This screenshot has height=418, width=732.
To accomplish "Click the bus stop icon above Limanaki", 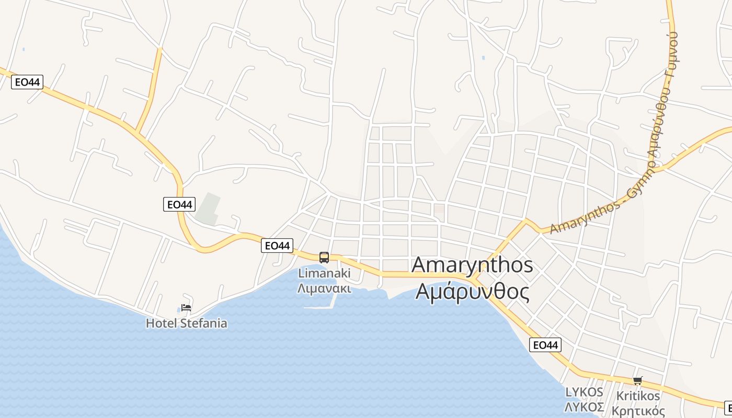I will (x=324, y=257).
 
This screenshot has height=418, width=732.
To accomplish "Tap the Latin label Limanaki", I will (x=324, y=273).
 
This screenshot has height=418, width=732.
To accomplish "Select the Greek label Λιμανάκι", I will (x=324, y=288).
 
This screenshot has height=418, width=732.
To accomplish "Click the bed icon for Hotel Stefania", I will (x=186, y=308).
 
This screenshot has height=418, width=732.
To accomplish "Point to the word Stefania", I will (x=203, y=323).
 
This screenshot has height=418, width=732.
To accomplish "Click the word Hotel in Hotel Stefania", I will (x=161, y=323).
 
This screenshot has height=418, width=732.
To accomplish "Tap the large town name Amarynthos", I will (x=472, y=265).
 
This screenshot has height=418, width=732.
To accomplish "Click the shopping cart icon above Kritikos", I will (x=637, y=380).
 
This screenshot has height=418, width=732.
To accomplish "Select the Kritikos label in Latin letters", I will (x=638, y=396).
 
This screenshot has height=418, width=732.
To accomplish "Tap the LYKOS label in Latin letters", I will (x=584, y=392).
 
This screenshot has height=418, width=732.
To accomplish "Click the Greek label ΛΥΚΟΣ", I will (x=584, y=407).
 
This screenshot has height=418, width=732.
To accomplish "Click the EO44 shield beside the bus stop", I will (x=277, y=246).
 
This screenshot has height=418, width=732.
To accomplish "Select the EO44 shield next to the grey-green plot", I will (x=179, y=204).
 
